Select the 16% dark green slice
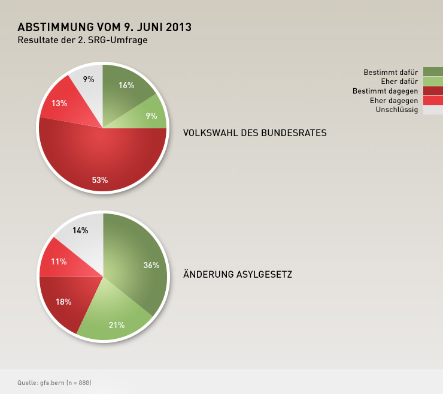[x=125, y=89]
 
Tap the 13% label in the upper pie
[x=59, y=103]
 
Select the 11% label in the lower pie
[x=58, y=261]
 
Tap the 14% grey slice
[x=81, y=233]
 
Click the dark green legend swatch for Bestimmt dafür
[x=433, y=72]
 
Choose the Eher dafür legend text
[x=399, y=82]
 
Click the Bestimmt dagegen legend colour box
[x=433, y=91]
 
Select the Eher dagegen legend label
[x=394, y=101]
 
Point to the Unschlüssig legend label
[x=397, y=110]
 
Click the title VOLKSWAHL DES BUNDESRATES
[x=254, y=133]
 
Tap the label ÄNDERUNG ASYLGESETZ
[x=238, y=275]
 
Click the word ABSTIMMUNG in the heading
[x=56, y=28]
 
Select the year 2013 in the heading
[x=178, y=28]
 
